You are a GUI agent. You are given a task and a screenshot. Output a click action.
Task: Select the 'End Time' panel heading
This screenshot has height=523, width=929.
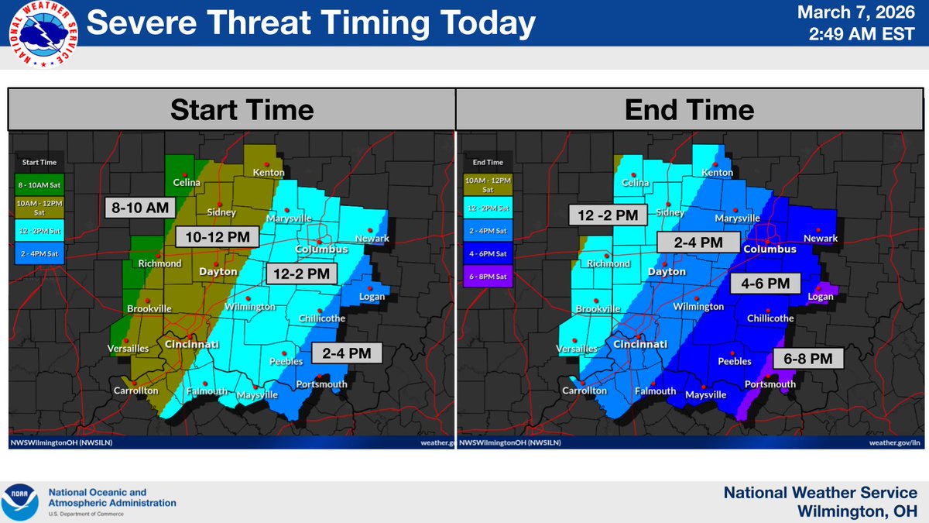pyautogui.click(x=688, y=109)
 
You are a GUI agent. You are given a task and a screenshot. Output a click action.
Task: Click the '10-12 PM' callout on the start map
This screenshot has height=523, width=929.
pyautogui.click(x=217, y=236)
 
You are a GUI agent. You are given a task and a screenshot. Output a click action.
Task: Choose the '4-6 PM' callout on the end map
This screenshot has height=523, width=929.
pyautogui.click(x=765, y=284)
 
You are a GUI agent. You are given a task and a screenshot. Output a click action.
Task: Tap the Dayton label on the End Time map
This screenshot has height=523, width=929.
pyautogui.click(x=667, y=272)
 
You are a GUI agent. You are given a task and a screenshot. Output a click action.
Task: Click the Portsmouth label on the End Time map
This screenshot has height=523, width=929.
pyautogui.click(x=770, y=384)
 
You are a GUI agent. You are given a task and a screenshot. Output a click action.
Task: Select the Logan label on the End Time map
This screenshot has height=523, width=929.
pyautogui.click(x=820, y=297)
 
